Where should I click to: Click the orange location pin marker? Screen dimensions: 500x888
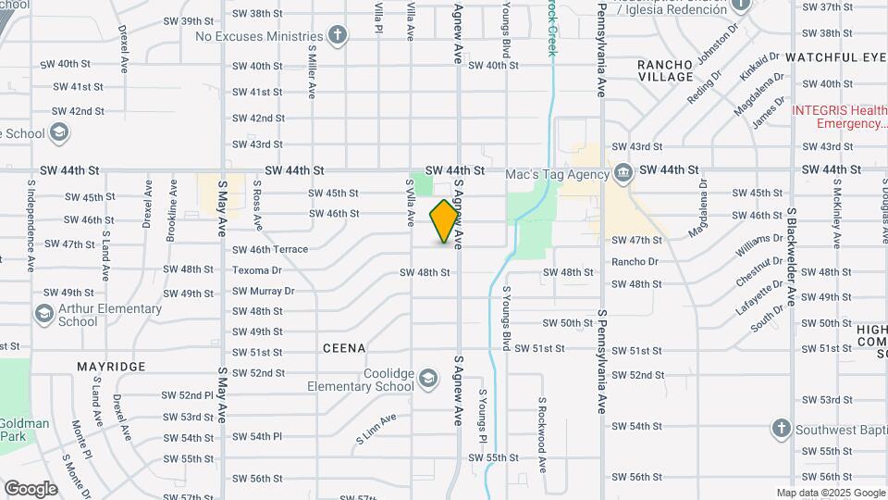pos(444,220)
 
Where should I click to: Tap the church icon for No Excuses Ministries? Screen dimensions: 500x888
pos(338,36)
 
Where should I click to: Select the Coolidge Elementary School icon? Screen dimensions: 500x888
pos(427,378)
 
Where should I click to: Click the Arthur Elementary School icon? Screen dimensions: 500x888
pos(43,315)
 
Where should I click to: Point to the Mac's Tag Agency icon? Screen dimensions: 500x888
pos(623,173)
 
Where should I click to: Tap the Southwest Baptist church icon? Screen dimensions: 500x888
pos(781,429)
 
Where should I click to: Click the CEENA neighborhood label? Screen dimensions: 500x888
pos(344,348)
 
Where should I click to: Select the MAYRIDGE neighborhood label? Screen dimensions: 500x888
pos(111,367)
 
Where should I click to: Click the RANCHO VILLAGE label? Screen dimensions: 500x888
pos(665,70)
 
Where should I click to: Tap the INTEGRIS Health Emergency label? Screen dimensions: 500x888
pos(838,117)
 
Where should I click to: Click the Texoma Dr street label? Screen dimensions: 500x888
pos(256,270)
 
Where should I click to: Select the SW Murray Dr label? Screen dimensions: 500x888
pos(263,291)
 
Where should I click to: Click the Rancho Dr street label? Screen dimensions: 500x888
pos(635,262)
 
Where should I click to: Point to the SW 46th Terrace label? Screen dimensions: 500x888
pos(269,250)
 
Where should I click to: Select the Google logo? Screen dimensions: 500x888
pos(31,488)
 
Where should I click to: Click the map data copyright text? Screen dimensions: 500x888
pos(830,493)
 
